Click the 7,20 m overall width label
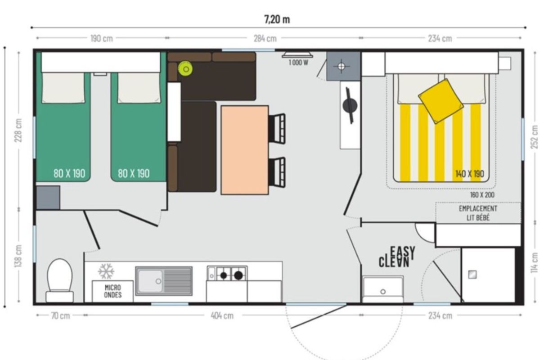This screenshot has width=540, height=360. coord(277,19)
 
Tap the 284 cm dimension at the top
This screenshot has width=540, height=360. coord(265,39)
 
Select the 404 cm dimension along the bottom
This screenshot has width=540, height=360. coord(222,315)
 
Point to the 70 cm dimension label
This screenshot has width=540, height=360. coord(60,315)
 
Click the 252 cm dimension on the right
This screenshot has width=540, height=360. coord(534,137)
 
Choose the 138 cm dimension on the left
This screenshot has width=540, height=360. coord(18,256)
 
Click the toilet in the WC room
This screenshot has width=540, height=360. coord(60,280)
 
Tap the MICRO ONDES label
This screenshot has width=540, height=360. coord(113,291)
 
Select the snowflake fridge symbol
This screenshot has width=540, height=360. coord(106,271)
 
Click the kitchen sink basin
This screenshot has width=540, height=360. coord(150,281)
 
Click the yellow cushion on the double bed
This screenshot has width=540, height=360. coord(441,102)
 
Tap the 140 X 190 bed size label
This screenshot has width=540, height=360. coord(470,174)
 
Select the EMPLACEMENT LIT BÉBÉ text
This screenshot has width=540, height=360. coord(478,213)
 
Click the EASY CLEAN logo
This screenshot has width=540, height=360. coord(397,257)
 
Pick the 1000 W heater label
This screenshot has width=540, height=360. coord(298,63)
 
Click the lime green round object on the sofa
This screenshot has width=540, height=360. coord(185,69)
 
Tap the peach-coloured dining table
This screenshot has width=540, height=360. coord(245,150)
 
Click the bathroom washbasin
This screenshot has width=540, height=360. coord(383,289)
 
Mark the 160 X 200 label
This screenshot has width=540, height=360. coord(482,195)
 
